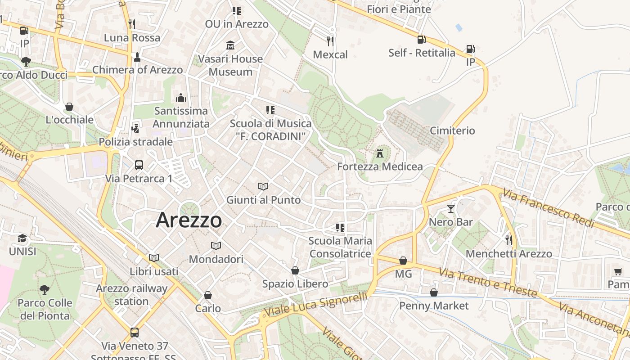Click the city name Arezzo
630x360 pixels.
pos(189,220)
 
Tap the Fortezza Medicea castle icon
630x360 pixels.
pos(380,153)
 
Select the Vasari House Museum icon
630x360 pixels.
pos(230,45)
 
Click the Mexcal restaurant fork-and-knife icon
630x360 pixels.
pos(330,41)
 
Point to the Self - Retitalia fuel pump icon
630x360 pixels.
pos(421,40)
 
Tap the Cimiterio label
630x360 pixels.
pos(452,130)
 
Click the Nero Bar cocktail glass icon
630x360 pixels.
pos(450,208)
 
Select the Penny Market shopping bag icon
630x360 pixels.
pos(434,292)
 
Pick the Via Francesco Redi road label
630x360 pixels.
pos(549,209)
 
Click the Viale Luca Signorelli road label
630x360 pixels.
pos(315,304)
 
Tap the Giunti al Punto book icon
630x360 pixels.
pos(263,186)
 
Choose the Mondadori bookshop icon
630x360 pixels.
pos(216,246)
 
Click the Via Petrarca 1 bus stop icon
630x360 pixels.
pos(139,165)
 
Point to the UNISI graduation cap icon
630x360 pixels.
pos(22,238)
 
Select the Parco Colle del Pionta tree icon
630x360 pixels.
pos(44,289)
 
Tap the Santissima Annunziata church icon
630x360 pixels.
pos(181,98)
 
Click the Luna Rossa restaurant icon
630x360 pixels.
pos(132,24)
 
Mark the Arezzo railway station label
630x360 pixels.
pos(131,295)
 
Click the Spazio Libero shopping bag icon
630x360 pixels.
pos(295,270)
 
